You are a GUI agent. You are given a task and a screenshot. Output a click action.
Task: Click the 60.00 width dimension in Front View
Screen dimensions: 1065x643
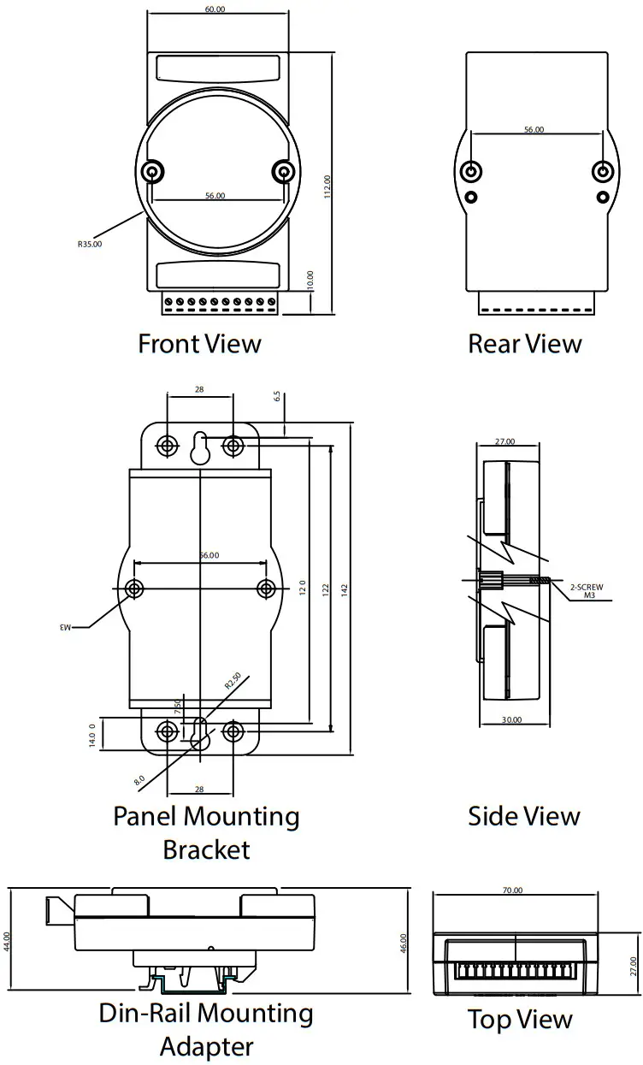coord(215,9)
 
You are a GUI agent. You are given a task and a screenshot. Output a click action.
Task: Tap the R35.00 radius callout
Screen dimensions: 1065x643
coord(90,244)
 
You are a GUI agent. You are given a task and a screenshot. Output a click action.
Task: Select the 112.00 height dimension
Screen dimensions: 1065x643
coord(327,186)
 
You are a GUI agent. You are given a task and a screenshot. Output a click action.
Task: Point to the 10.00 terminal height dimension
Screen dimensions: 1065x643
coord(310,281)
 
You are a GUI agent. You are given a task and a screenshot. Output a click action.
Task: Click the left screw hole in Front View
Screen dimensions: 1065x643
coord(153,173)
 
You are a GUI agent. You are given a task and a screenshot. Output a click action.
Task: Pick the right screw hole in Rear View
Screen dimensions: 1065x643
coord(603,173)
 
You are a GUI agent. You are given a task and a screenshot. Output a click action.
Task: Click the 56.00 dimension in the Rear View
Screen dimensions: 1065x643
coord(534,130)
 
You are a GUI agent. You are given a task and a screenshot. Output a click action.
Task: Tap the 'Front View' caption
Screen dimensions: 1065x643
coord(199,344)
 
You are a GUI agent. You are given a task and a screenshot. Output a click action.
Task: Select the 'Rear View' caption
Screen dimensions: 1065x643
coord(524,344)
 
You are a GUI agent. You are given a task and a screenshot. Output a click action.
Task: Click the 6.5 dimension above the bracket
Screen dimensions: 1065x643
coord(276,398)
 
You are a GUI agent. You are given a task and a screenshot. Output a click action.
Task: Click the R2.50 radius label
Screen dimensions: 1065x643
coord(232,681)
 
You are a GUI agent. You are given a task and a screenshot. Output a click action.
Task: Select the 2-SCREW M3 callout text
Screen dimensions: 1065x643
coord(587,590)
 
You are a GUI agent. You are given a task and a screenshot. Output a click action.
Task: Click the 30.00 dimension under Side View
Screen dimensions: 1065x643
coord(510,720)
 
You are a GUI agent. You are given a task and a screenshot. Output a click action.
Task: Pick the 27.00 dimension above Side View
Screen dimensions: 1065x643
coord(505,442)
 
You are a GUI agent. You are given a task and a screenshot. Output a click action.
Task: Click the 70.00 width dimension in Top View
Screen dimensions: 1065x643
coord(512,890)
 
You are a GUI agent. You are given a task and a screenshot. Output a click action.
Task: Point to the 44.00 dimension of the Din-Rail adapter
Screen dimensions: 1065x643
coord(8,941)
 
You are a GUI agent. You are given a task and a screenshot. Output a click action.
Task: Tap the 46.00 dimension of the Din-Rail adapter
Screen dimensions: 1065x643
coord(404,942)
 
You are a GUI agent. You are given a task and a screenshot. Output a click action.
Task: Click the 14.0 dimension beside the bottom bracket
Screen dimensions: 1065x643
coord(93,734)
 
